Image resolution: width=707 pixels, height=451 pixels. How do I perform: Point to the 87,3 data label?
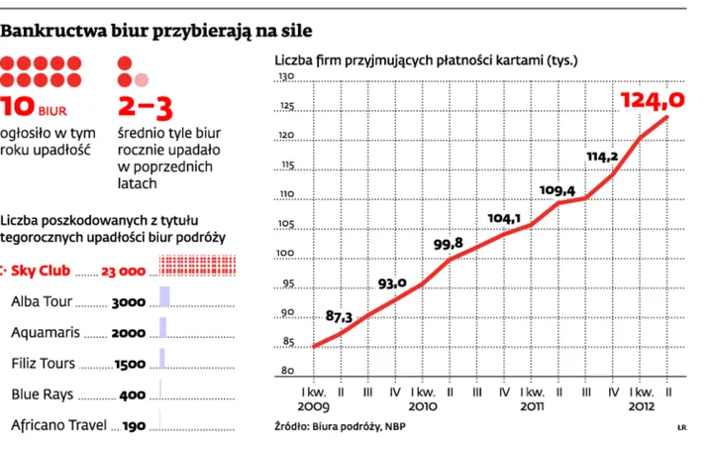340,317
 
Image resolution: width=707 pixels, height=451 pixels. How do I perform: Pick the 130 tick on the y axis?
286,78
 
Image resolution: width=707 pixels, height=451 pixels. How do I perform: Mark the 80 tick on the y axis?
288,372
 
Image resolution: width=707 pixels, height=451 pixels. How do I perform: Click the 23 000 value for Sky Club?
124,271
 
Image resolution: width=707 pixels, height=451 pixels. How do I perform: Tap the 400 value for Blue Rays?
132,395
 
